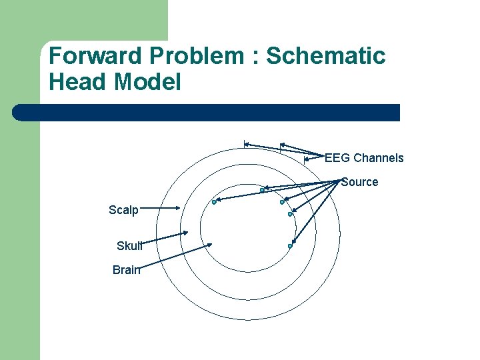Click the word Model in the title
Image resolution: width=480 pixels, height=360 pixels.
click(147, 82)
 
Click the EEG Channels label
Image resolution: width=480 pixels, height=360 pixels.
click(364, 158)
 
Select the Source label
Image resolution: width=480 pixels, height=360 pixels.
click(359, 182)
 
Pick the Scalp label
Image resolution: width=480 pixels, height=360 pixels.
click(123, 211)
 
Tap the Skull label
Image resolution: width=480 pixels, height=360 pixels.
click(129, 246)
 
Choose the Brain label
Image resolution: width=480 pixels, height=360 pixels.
click(127, 270)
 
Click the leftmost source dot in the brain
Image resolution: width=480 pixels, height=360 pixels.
click(214, 202)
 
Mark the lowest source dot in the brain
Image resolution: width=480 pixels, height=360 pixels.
click(290, 246)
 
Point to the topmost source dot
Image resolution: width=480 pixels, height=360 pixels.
click(262, 191)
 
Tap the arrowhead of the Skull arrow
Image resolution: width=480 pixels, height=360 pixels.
click(186, 233)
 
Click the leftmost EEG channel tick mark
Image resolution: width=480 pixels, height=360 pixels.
click(245, 143)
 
